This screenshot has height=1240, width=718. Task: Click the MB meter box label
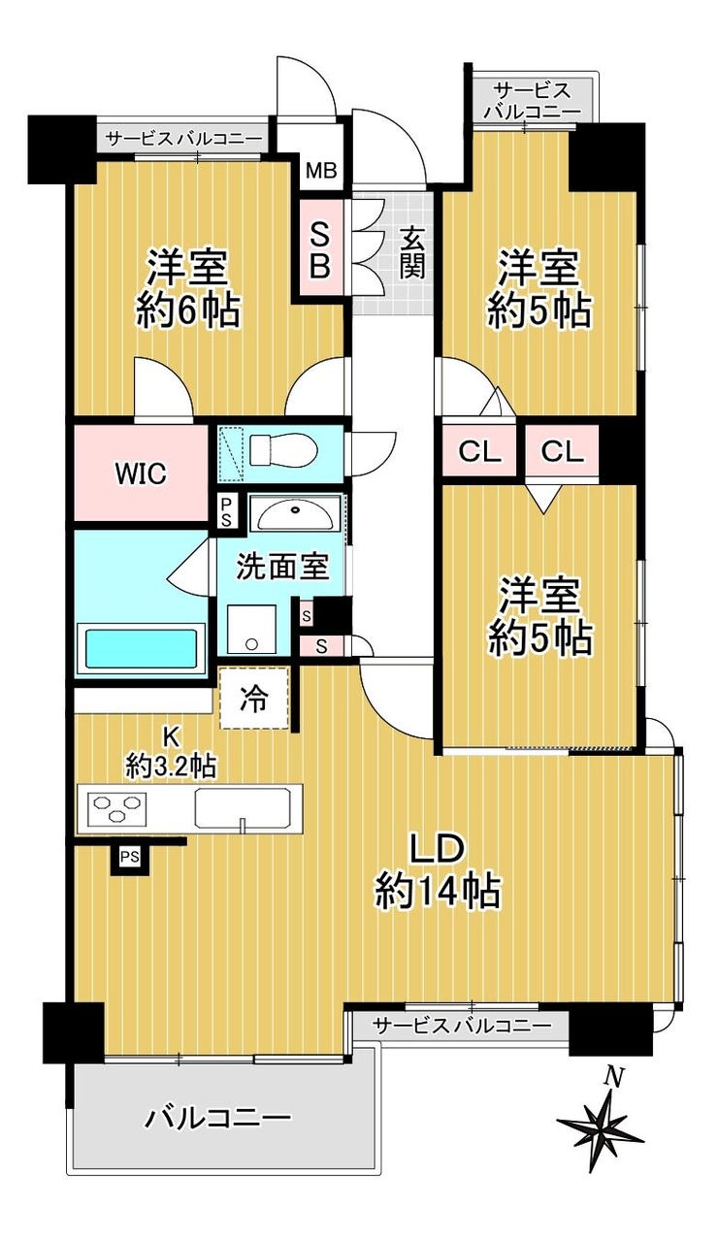click(321, 171)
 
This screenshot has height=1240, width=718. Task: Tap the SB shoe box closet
click(320, 247)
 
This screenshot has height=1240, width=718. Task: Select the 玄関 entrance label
click(413, 252)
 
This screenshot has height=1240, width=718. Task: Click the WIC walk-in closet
click(141, 473)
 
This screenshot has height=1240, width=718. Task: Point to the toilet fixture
click(282, 449)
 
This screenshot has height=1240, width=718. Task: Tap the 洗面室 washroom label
click(283, 567)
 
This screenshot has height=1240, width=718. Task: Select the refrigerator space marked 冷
click(254, 699)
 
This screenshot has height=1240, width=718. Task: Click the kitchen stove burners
click(115, 807)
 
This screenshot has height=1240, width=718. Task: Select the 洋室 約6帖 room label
click(187, 288)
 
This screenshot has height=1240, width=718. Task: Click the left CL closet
click(479, 452)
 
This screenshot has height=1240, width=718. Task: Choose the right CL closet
click(562, 452)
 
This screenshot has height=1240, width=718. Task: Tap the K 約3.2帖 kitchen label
click(170, 752)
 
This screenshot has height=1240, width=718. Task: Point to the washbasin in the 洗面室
click(295, 514)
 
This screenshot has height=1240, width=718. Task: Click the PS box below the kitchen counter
click(130, 857)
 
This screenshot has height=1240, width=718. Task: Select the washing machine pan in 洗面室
click(251, 629)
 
